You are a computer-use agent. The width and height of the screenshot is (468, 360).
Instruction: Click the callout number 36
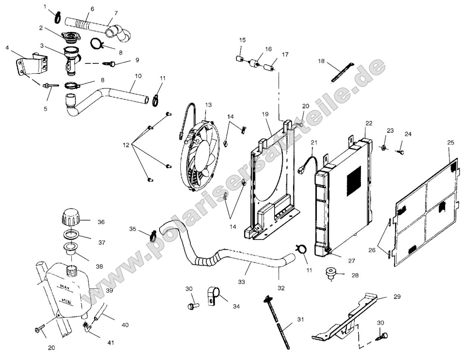pyautogui.click(x=101, y=222)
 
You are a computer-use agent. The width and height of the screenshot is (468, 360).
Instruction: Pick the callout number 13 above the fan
pyautogui.click(x=208, y=105)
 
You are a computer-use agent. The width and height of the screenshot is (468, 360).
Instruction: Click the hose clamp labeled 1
pyautogui.click(x=58, y=17)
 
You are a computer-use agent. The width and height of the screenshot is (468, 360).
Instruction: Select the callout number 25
pyautogui.click(x=450, y=142)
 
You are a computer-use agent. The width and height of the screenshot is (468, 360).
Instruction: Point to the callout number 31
pyautogui.click(x=301, y=319)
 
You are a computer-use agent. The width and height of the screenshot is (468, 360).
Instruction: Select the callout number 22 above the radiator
pyautogui.click(x=369, y=123)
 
